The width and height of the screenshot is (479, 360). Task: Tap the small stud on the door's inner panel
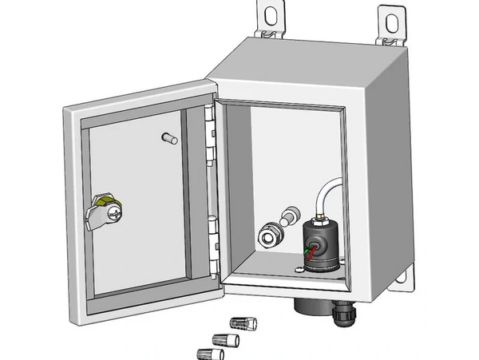[168, 138]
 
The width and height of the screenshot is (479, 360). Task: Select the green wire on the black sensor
[303, 250]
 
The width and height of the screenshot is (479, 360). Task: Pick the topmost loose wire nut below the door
[243, 323]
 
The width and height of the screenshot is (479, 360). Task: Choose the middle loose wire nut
[228, 338]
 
